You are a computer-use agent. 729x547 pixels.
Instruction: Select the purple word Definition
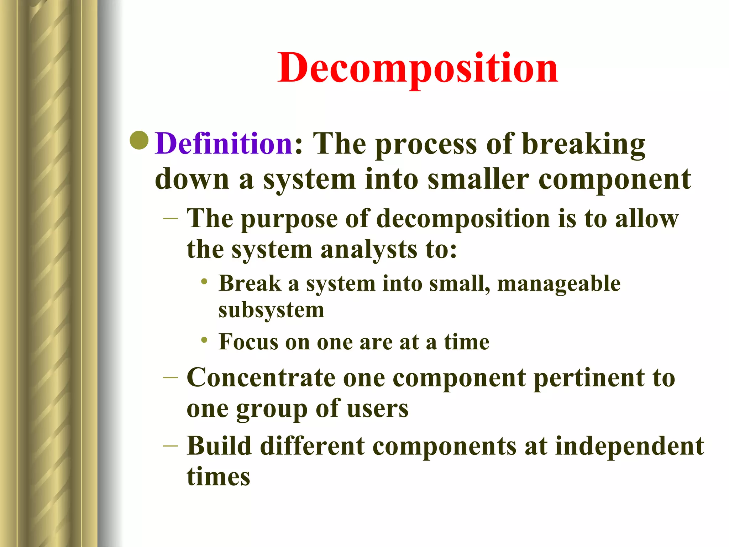pos(224,144)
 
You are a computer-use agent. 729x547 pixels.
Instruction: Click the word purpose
pos(289,219)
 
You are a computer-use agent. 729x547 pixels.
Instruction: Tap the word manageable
pos(558,284)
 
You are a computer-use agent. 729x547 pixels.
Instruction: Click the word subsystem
pos(271,310)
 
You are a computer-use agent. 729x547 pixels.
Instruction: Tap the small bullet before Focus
pos(204,340)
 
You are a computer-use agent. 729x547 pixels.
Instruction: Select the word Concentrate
pos(261,377)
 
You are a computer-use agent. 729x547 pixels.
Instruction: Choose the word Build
pos(219,446)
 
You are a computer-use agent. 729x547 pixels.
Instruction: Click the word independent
pos(629,446)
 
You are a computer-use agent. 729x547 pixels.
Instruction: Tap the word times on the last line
pos(218,477)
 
